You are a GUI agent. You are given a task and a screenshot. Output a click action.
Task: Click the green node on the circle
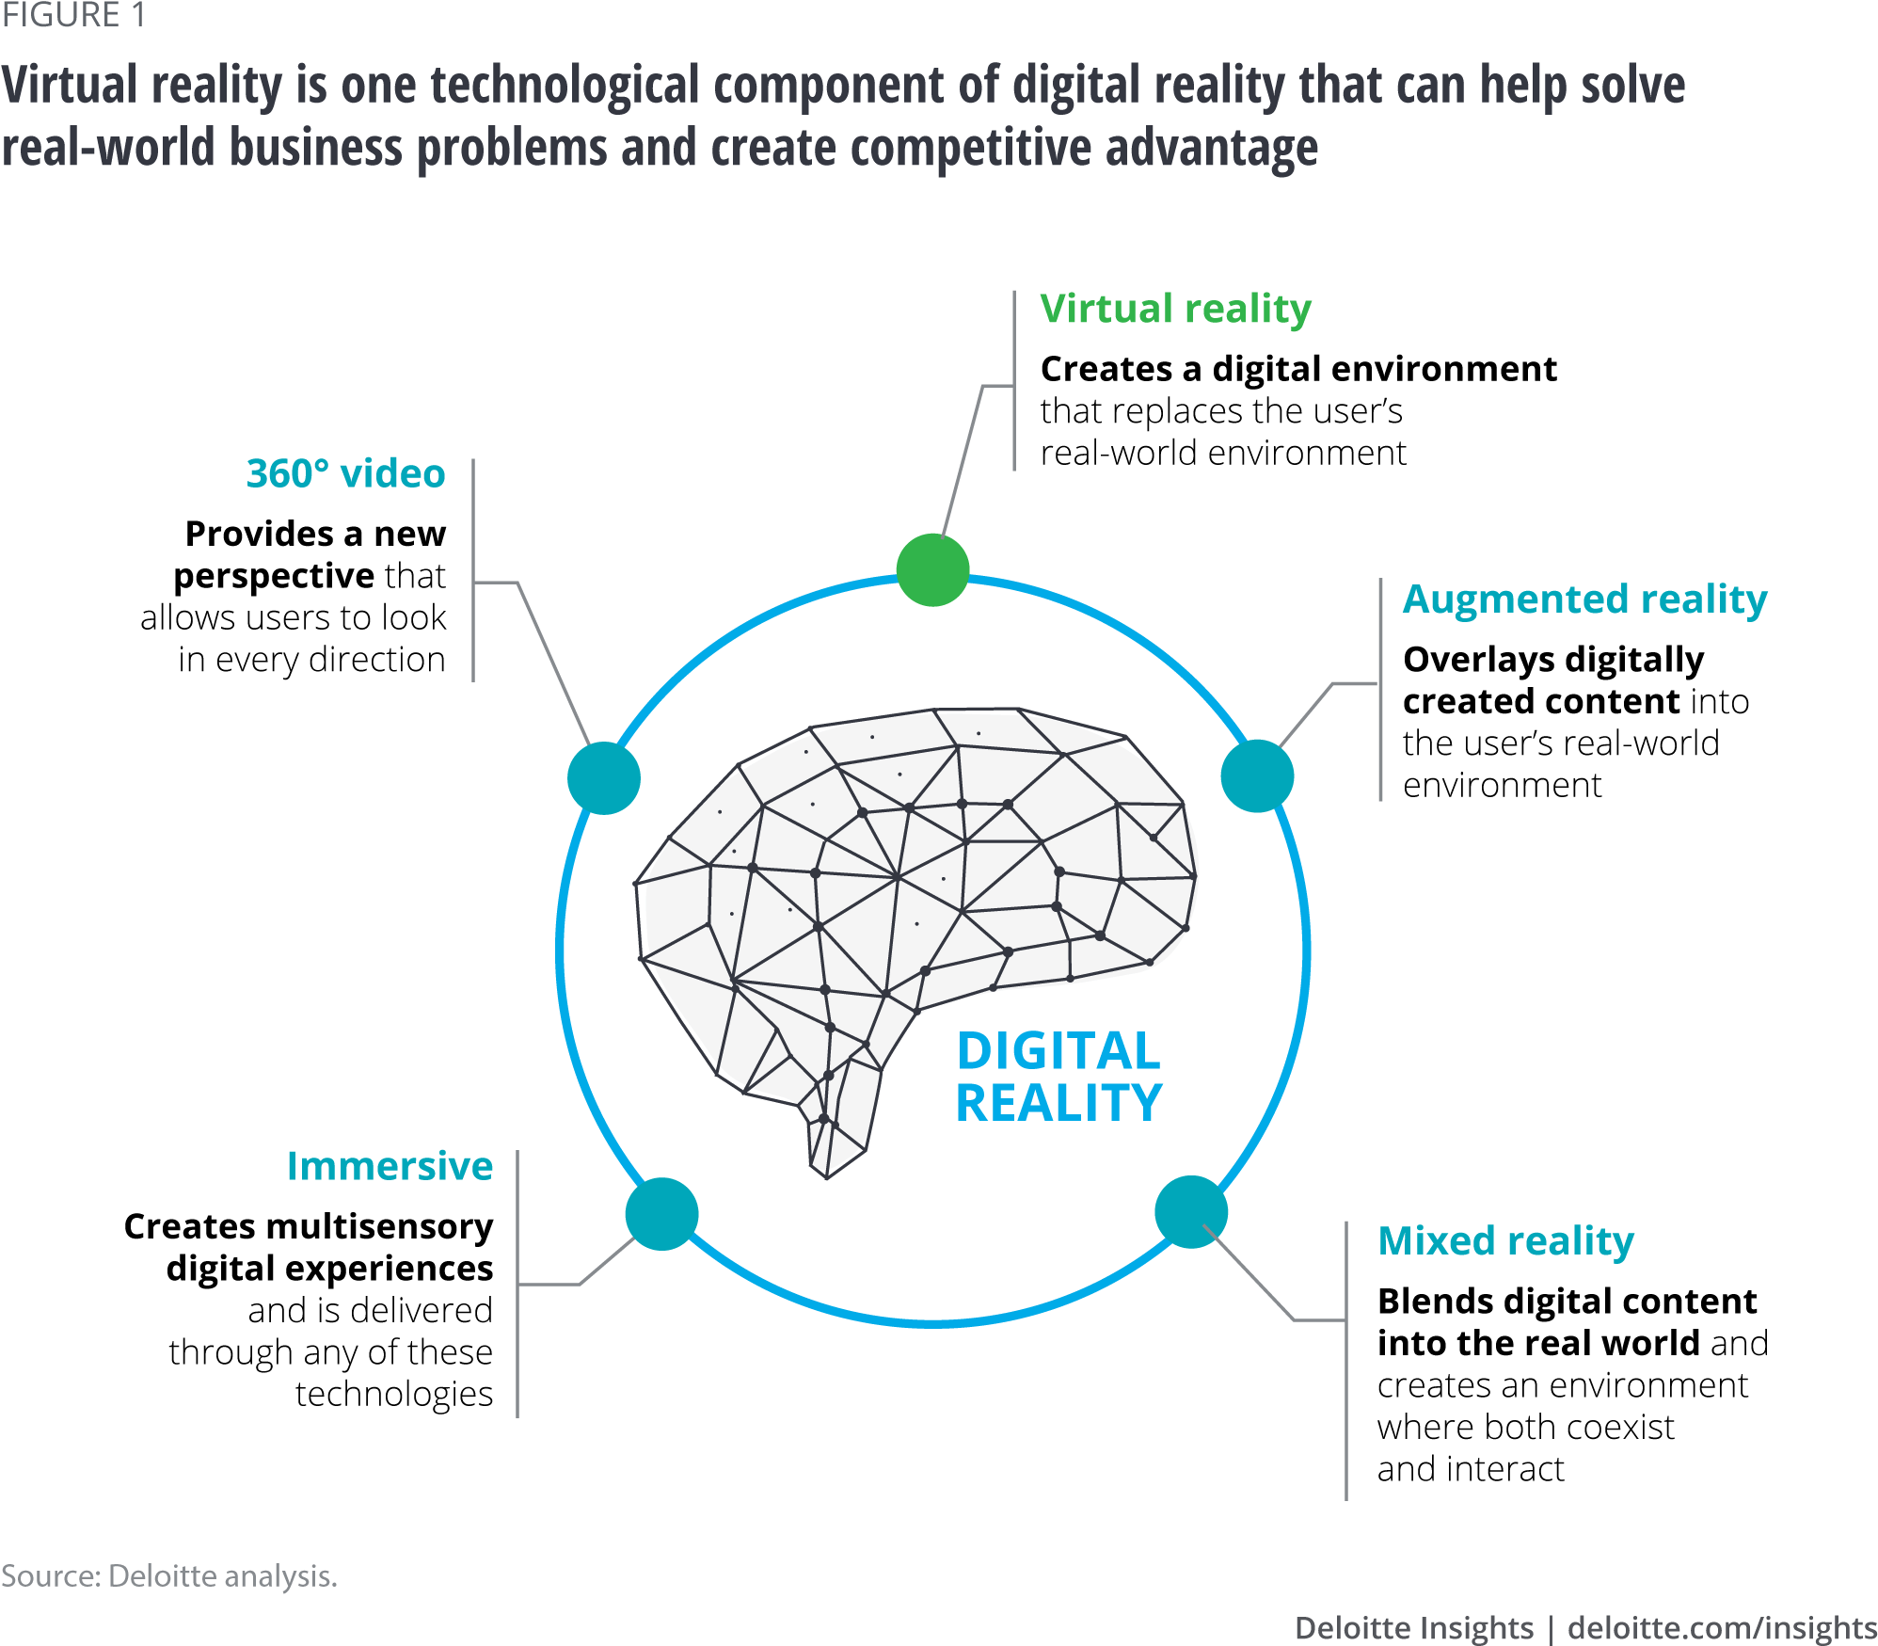pyautogui.click(x=932, y=569)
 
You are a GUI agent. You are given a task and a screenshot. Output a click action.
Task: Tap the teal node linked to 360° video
pyautogui.click(x=604, y=778)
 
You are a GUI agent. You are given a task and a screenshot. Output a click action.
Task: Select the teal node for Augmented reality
pyautogui.click(x=1257, y=776)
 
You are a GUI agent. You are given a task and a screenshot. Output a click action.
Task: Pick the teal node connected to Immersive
pyautogui.click(x=662, y=1214)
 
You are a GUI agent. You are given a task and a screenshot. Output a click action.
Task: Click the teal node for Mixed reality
pyautogui.click(x=1191, y=1212)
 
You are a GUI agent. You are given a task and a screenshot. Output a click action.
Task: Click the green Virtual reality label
pyautogui.click(x=1175, y=310)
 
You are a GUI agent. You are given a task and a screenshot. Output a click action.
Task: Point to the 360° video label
pyautogui.click(x=345, y=473)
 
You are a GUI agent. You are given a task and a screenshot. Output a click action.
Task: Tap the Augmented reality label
pyautogui.click(x=1584, y=599)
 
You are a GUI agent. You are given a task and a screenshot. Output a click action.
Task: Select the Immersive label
pyautogui.click(x=390, y=1166)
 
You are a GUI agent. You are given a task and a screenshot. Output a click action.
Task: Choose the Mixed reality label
pyautogui.click(x=1505, y=1241)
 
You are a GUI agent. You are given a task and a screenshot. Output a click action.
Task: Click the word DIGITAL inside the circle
pyautogui.click(x=1058, y=1051)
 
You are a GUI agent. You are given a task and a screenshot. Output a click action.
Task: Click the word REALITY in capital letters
pyautogui.click(x=1058, y=1103)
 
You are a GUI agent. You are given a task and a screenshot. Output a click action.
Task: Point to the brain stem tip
pyautogui.click(x=827, y=1167)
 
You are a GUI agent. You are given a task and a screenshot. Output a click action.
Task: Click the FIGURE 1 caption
pyautogui.click(x=73, y=15)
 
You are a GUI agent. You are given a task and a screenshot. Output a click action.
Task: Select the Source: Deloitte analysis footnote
pyautogui.click(x=168, y=1575)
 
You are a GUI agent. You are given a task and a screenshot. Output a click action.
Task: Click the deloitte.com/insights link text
pyautogui.click(x=1722, y=1627)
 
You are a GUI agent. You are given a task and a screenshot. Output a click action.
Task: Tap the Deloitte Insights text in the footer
pyautogui.click(x=1413, y=1627)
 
